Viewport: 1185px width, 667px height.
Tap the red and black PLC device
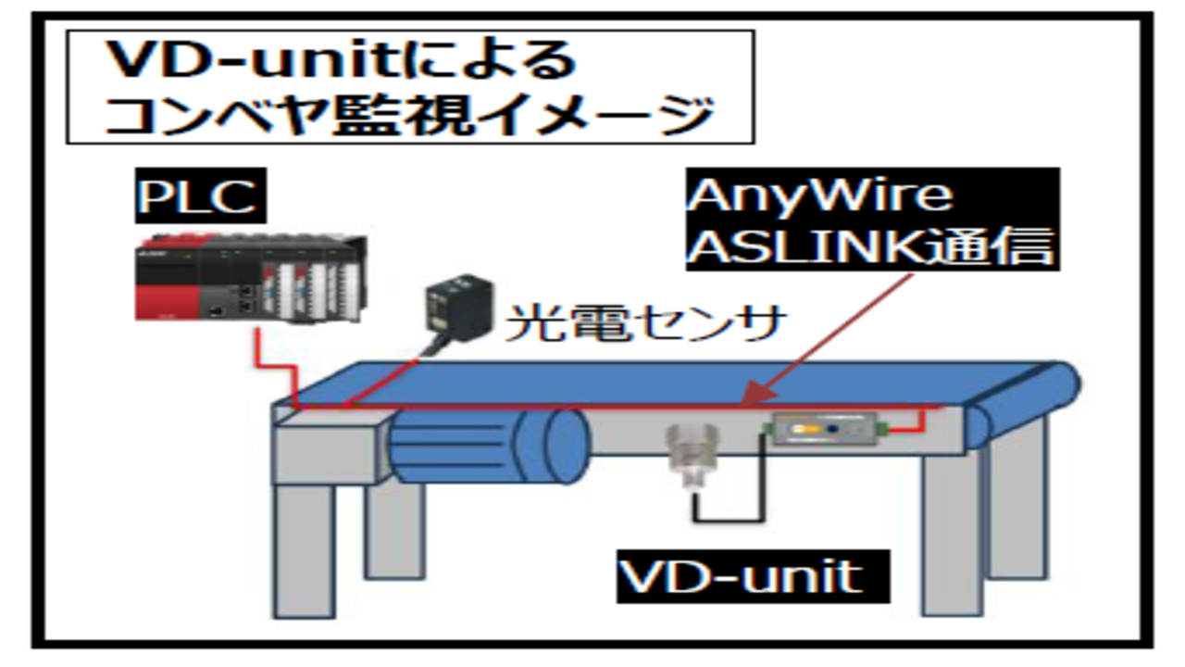pyautogui.click(x=249, y=278)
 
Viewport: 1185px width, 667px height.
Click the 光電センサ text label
pyautogui.click(x=644, y=325)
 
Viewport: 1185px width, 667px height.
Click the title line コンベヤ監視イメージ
pyautogui.click(x=408, y=116)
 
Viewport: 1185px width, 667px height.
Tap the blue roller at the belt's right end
pyautogui.click(x=1055, y=387)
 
